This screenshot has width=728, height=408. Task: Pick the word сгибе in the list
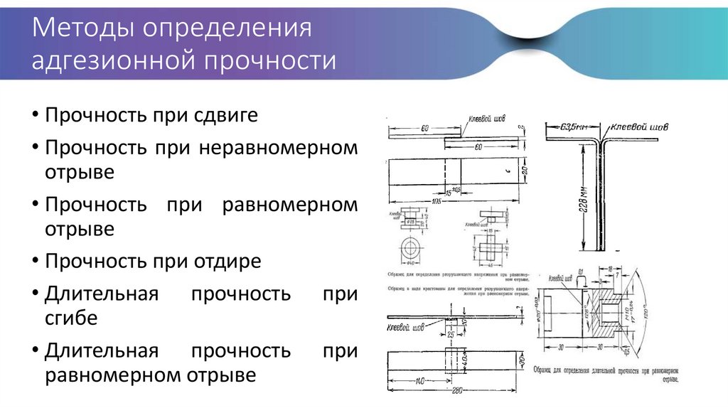(x=72, y=318)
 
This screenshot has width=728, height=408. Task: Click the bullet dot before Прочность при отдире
(x=36, y=262)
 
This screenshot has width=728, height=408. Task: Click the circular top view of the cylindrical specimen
(x=412, y=249)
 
